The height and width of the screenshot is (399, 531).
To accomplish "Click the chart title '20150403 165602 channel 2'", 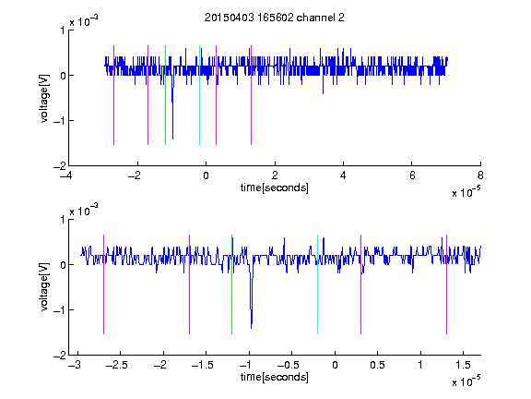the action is tap(275, 18).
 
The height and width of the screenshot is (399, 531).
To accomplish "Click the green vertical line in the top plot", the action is tap(165, 95).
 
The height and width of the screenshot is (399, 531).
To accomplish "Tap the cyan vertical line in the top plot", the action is tap(199, 95).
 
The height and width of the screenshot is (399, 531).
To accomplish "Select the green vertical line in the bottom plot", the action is tap(231, 284).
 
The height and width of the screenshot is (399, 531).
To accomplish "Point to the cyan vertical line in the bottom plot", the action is tap(317, 284).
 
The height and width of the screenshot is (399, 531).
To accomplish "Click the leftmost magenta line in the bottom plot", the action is tap(103, 284).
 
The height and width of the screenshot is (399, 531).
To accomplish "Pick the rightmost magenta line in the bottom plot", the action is tap(446, 284).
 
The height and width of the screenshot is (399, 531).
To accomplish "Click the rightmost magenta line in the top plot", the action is tap(251, 95).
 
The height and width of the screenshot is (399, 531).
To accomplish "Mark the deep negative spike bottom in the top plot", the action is tap(172, 139).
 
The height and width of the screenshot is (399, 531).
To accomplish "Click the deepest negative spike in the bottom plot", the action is tap(252, 328).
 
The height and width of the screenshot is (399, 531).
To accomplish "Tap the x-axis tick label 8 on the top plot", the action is tap(480, 175).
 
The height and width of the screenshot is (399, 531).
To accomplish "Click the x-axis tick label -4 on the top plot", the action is tap(65, 175).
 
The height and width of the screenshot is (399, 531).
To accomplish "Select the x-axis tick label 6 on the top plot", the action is tap(412, 175).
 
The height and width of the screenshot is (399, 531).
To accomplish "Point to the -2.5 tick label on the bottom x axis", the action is tap(117, 365).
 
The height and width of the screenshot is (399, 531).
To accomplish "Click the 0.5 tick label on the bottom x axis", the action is tap(377, 365).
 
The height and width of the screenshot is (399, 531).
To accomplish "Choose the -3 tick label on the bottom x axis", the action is tap(74, 365).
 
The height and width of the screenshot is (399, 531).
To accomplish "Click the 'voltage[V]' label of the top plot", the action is tap(44, 98).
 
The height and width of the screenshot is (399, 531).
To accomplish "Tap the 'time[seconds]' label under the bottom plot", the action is tap(275, 377).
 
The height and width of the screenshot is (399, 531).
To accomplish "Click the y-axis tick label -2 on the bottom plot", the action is tap(59, 356).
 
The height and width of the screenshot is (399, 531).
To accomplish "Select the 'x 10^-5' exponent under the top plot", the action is tap(466, 191).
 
